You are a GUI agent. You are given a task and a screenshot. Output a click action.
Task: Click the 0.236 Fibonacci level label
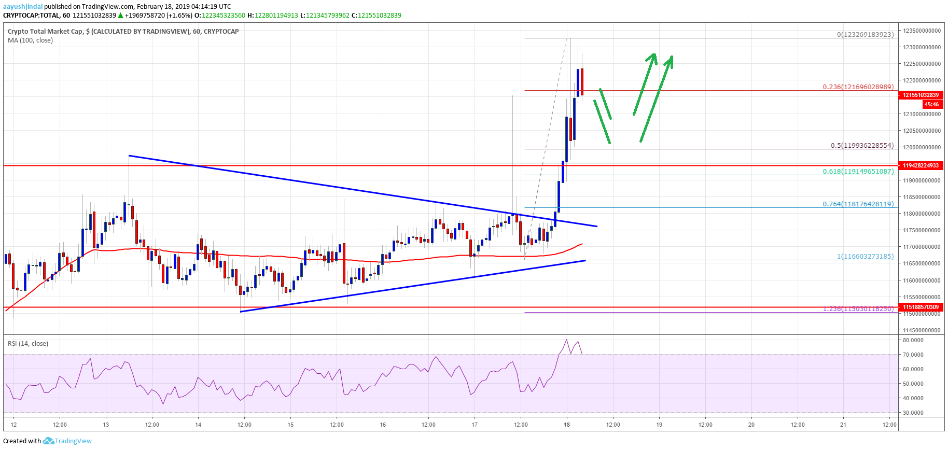coord(858,87)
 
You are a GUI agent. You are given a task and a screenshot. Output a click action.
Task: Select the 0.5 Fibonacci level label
coord(862,146)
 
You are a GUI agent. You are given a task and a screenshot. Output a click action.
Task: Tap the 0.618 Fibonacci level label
coord(858,172)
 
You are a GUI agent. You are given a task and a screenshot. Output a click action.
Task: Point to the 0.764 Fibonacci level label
coord(858,204)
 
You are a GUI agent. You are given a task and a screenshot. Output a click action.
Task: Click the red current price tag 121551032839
coord(921,95)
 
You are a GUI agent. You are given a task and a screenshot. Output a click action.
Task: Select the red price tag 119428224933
coord(921,166)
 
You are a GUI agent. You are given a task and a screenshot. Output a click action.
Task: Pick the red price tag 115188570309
coord(921,307)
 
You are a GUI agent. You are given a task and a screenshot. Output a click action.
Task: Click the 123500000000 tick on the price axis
coord(922,31)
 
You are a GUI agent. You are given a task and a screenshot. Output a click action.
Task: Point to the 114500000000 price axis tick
coord(922,330)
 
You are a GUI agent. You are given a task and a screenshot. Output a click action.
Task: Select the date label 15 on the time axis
coord(290,425)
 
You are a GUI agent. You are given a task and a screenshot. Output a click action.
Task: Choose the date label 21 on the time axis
coord(843,425)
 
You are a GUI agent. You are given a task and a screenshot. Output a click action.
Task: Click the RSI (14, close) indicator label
coord(28,344)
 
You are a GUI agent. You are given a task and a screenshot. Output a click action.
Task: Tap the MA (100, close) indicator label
coord(30,40)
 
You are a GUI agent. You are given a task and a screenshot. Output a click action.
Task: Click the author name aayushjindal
coord(23,7)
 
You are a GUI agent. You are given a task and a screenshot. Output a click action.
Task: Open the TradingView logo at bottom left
coord(67,441)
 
